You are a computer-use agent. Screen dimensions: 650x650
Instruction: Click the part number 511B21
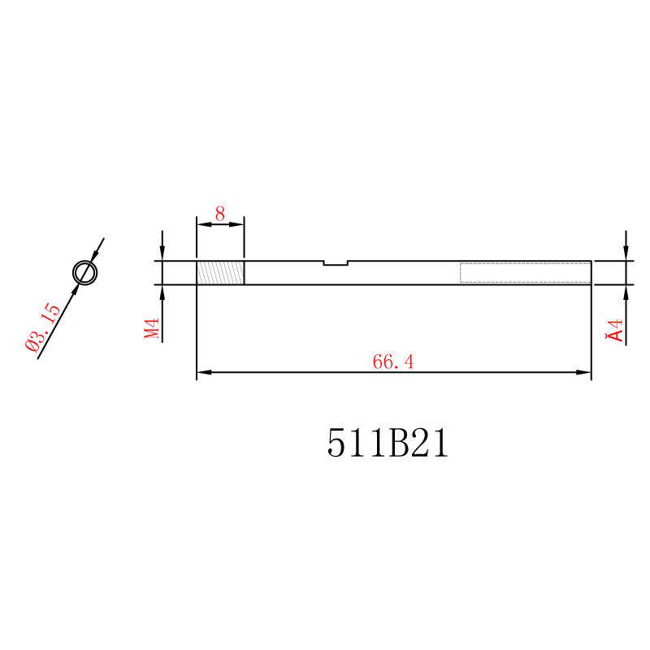point(388,443)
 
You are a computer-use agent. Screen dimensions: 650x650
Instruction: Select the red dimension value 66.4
point(393,362)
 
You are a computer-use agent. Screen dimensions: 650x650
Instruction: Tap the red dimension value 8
point(219,214)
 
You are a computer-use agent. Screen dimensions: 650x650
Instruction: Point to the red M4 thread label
point(152,328)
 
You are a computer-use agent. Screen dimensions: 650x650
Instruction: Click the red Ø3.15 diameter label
point(43,327)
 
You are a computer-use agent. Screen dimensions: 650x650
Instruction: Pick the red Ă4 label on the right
point(614,331)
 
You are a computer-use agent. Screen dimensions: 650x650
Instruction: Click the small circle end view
point(85,273)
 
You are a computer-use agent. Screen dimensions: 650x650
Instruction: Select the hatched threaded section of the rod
point(220,273)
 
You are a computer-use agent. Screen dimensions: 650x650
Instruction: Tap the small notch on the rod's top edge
point(336,263)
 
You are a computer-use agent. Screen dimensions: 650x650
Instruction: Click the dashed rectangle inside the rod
point(525,273)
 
